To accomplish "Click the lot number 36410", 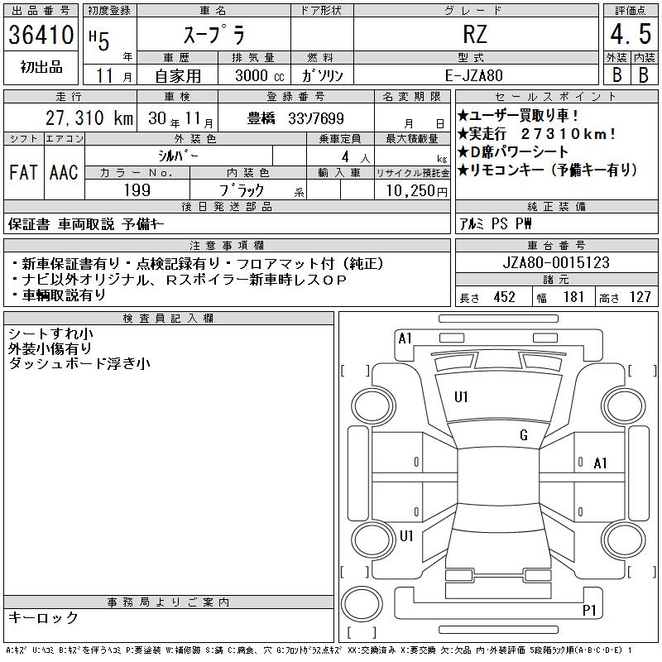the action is click(x=41, y=35).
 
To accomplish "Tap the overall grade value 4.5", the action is click(x=631, y=34).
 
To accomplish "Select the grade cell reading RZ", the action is click(x=475, y=34).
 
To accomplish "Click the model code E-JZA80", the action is click(x=474, y=75).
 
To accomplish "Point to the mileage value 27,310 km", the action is click(x=89, y=118).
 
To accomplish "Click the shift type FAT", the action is click(x=23, y=172).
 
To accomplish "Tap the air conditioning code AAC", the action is click(x=64, y=172).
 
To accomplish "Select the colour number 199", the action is click(x=137, y=190).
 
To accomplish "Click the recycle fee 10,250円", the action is click(x=416, y=191).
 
